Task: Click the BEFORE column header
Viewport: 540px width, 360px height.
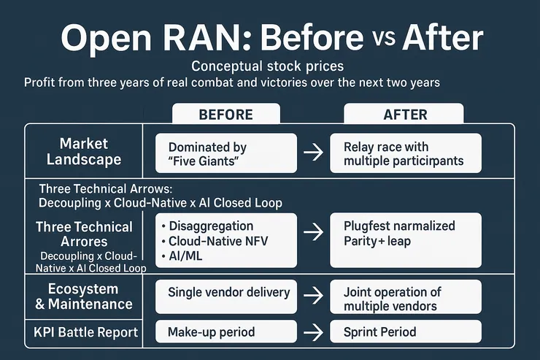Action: (225, 115)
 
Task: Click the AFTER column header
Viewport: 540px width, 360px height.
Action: (403, 115)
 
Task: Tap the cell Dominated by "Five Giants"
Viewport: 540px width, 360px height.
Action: (227, 153)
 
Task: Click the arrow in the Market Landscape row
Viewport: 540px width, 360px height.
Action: (313, 153)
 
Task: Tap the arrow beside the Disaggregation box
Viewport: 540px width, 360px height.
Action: (313, 233)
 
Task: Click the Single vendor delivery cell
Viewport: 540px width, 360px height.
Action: (227, 293)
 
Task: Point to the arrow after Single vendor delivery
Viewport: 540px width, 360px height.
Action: (313, 295)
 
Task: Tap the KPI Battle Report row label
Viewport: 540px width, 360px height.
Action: (85, 332)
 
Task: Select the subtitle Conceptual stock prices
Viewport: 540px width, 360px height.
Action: (269, 66)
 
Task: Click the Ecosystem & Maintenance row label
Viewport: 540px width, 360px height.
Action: (85, 296)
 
